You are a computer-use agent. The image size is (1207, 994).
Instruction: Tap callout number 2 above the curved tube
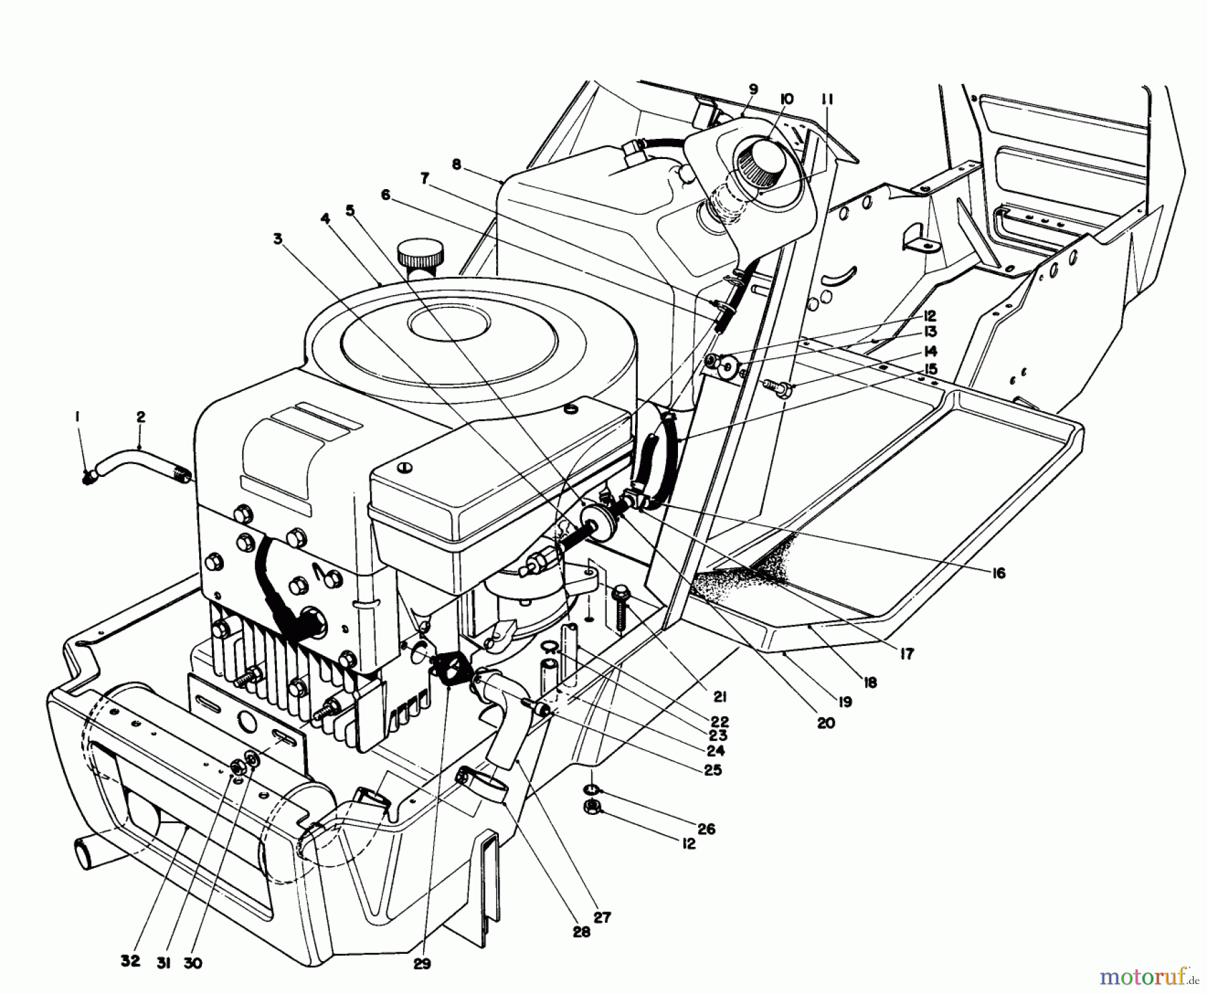(x=140, y=417)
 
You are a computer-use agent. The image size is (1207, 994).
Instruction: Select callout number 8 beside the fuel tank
(x=457, y=164)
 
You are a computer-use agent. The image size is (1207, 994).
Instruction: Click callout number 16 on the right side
(x=999, y=573)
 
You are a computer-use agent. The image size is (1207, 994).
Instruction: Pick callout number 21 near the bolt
(x=720, y=696)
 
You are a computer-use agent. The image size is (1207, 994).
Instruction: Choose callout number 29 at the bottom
(x=422, y=963)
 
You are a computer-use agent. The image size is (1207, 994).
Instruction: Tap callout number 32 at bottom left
(x=131, y=960)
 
